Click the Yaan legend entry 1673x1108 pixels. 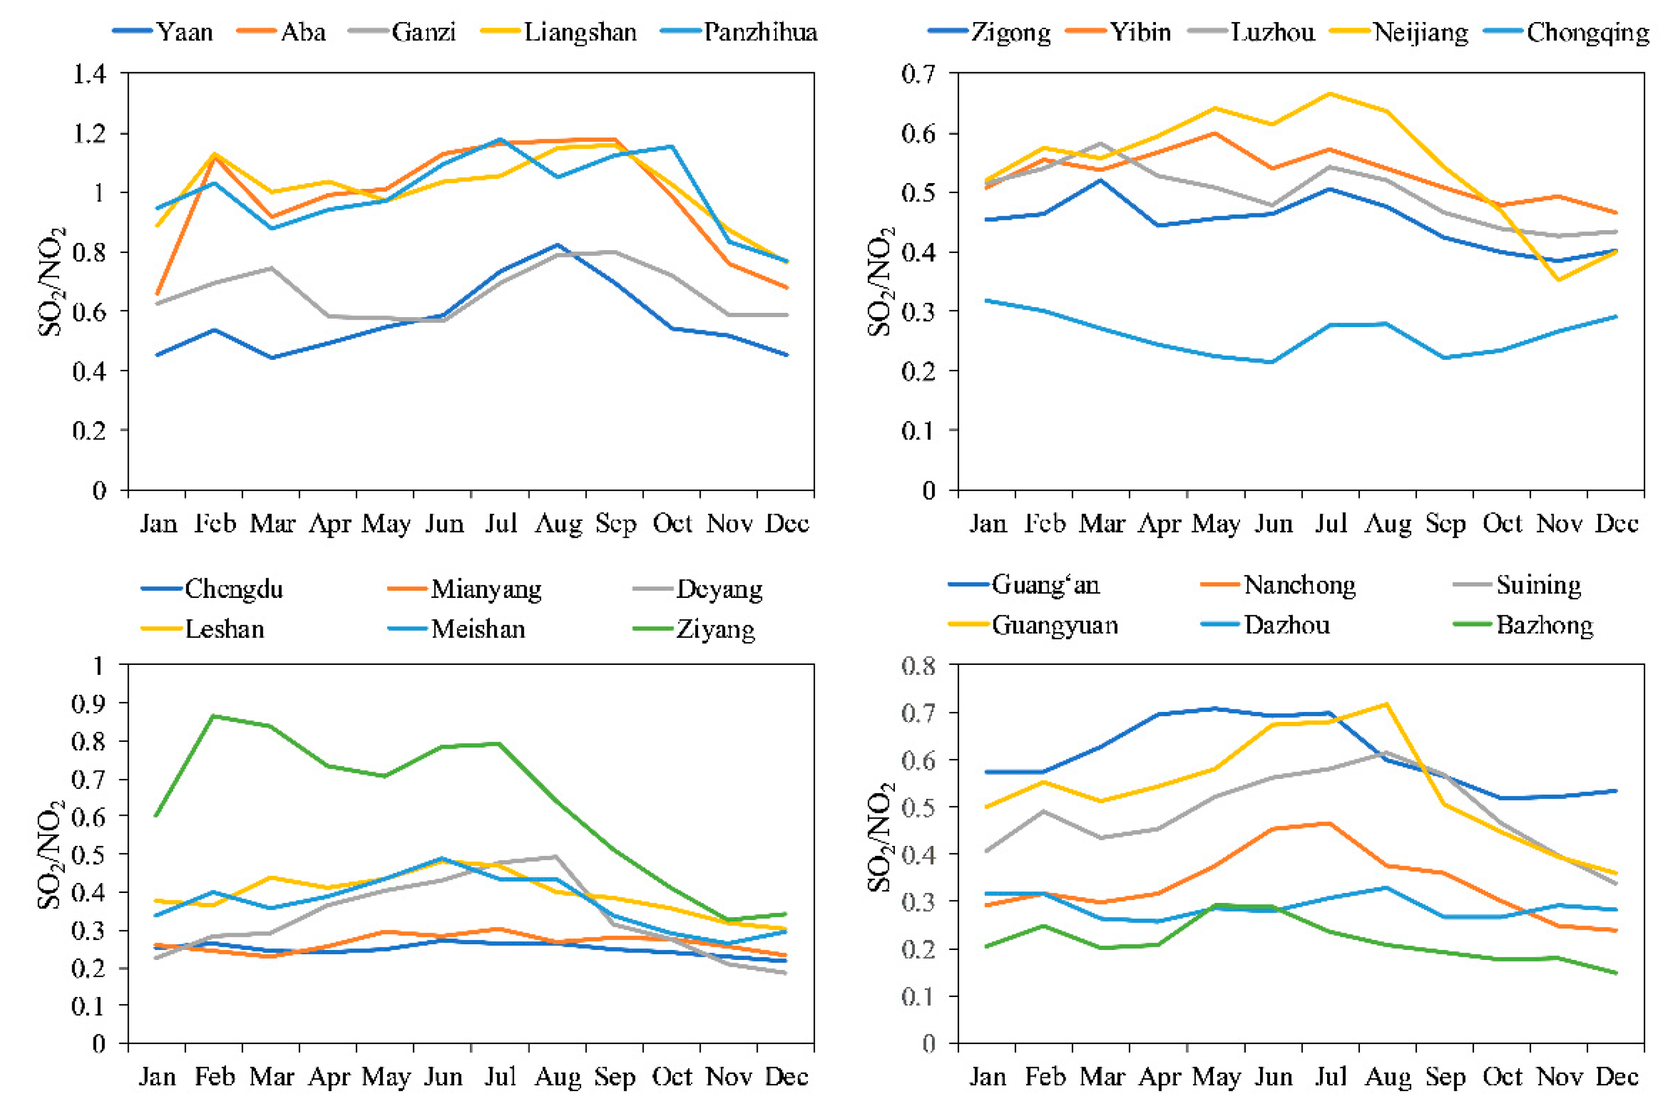tap(163, 32)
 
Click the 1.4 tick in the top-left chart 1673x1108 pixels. tap(91, 73)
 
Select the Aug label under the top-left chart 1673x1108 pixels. tap(558, 524)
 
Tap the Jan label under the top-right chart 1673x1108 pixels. tap(987, 524)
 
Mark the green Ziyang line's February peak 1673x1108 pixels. tap(214, 716)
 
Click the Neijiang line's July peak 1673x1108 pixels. tap(1330, 93)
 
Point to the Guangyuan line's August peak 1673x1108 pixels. tap(1387, 704)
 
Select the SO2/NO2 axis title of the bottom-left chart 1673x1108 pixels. tap(52, 854)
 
